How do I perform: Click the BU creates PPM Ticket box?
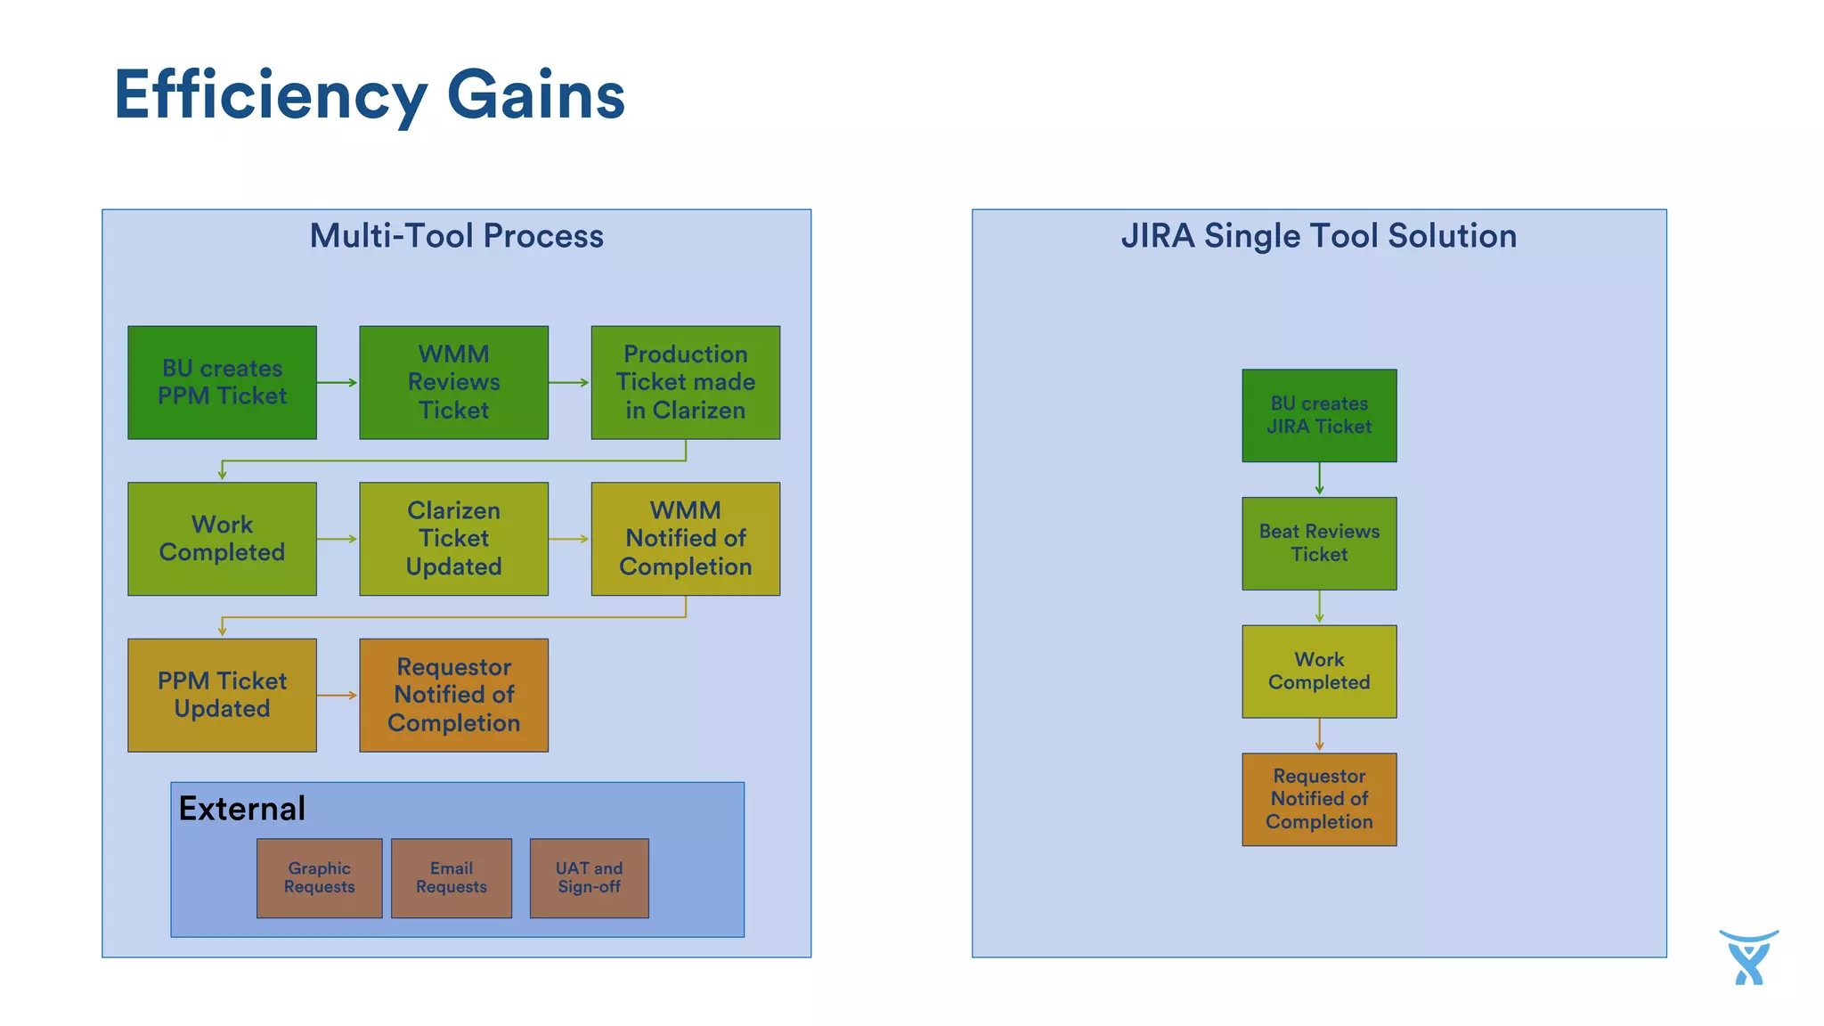click(x=222, y=382)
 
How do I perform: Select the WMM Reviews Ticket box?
click(x=453, y=382)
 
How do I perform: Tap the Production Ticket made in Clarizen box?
click(x=685, y=382)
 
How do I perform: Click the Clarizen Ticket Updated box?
click(x=453, y=539)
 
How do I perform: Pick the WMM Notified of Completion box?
click(x=685, y=539)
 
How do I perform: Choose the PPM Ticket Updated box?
click(x=222, y=695)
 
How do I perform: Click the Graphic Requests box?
click(x=319, y=877)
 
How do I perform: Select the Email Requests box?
click(x=452, y=877)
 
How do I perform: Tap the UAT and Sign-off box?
click(x=589, y=877)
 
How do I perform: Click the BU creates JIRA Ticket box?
click(x=1319, y=415)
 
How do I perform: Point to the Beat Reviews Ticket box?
click(x=1319, y=543)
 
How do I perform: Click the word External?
click(x=241, y=809)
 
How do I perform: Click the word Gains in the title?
click(x=535, y=94)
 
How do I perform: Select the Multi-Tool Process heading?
click(x=456, y=236)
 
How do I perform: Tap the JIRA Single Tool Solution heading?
click(x=1318, y=236)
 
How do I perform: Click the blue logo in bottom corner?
click(x=1748, y=957)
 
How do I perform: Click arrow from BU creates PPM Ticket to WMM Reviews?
click(x=337, y=382)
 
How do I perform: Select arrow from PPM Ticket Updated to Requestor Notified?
click(x=337, y=695)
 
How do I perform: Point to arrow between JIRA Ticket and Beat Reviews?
click(x=1319, y=478)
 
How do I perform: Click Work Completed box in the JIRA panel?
click(x=1319, y=672)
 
